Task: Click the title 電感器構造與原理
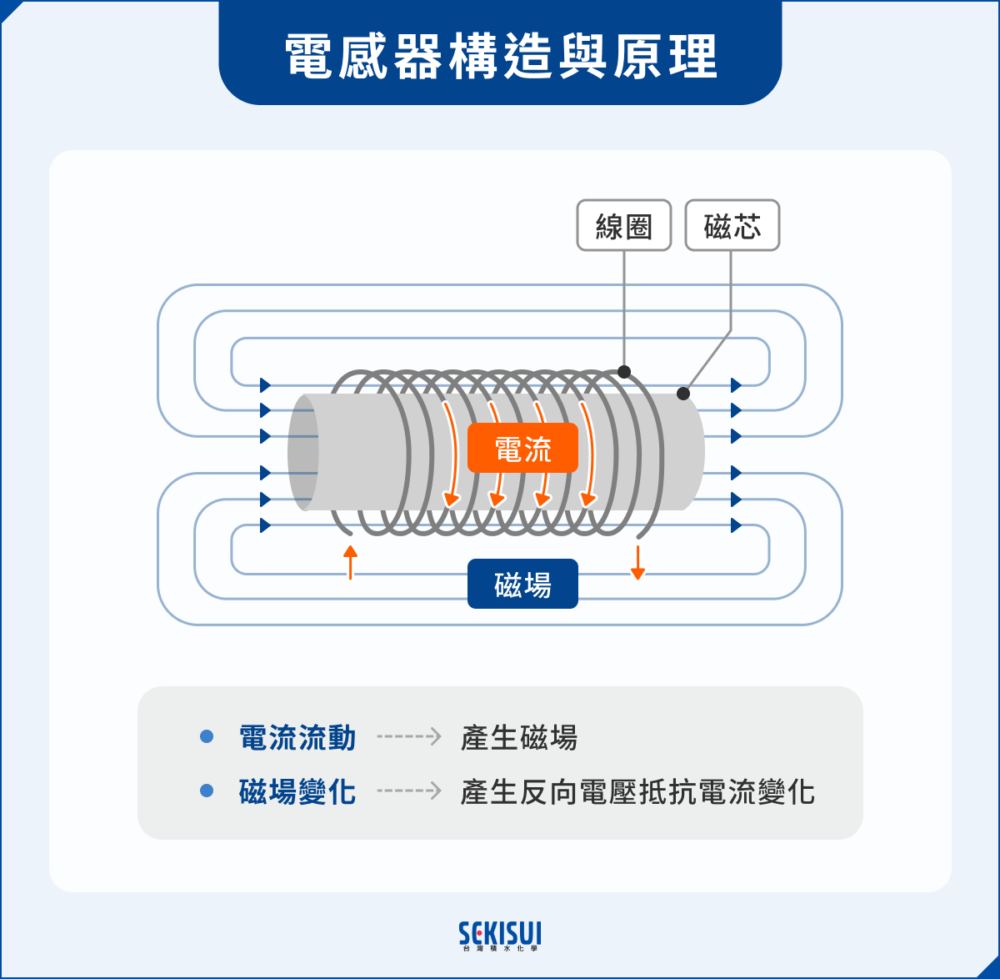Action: (500, 57)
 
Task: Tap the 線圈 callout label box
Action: (624, 225)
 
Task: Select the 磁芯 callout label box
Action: (732, 225)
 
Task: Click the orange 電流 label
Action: (522, 449)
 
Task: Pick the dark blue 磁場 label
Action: (522, 584)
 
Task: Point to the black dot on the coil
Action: (624, 372)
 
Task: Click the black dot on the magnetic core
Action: (683, 393)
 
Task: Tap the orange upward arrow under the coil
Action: (351, 561)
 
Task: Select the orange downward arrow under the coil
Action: (637, 563)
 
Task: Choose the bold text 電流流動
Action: (297, 738)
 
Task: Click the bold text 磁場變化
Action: (297, 791)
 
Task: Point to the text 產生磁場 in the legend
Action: (518, 738)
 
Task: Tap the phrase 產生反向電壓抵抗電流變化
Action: (637, 791)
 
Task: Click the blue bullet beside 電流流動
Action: (207, 737)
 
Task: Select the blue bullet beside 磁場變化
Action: (207, 791)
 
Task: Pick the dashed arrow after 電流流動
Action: (408, 737)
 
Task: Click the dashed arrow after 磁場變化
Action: (408, 791)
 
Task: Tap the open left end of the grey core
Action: (303, 452)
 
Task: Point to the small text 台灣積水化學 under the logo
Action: (500, 949)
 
